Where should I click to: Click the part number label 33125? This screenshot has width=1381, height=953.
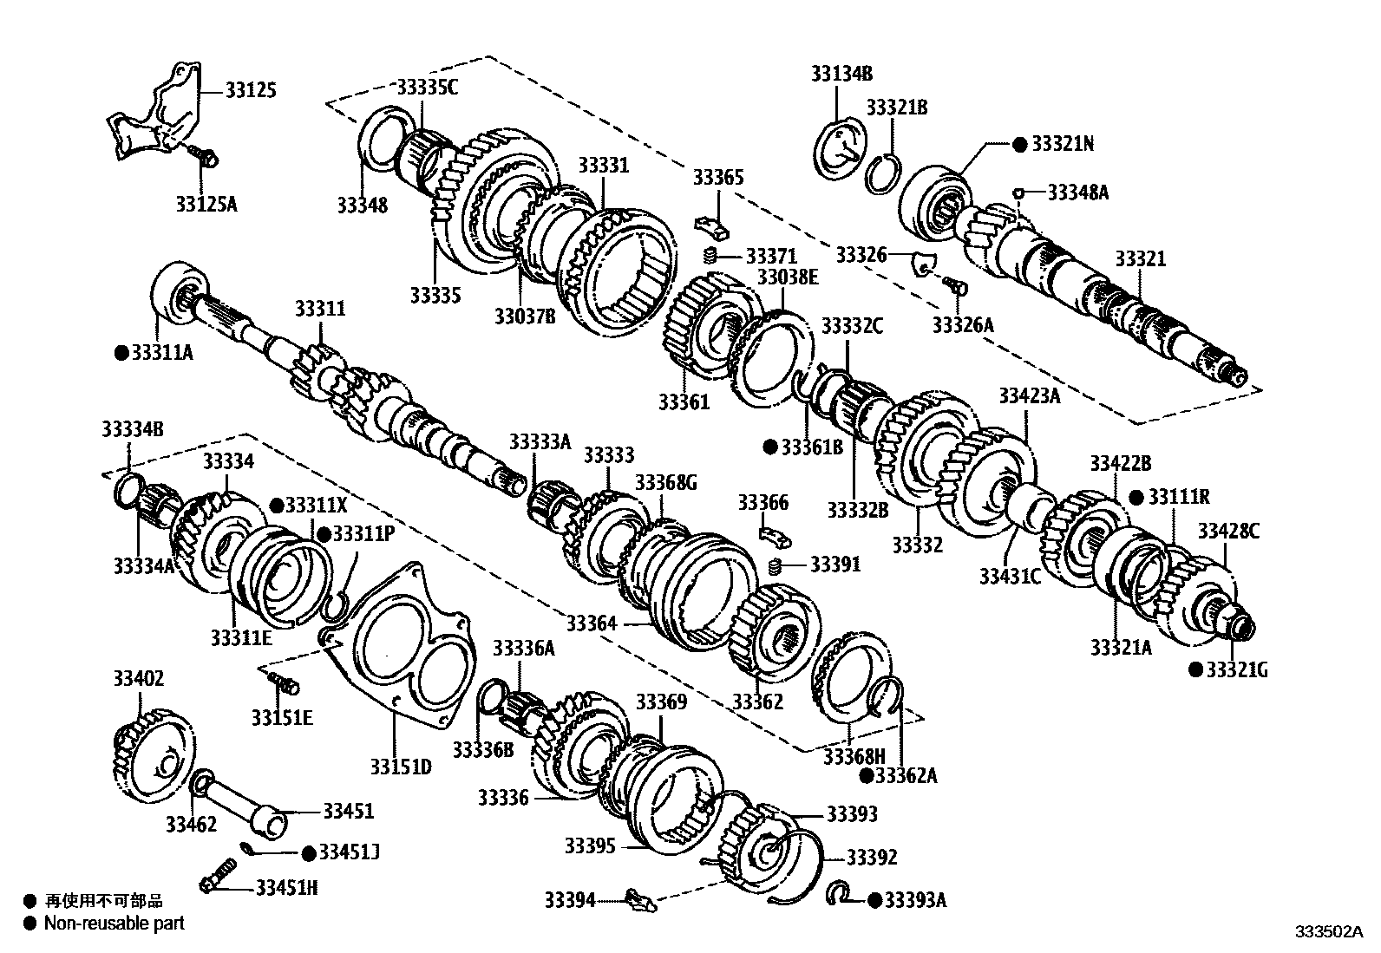(x=251, y=90)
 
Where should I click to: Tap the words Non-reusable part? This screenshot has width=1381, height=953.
(x=115, y=924)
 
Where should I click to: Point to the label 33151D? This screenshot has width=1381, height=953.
(x=401, y=767)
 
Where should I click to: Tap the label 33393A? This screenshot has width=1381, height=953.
(x=915, y=900)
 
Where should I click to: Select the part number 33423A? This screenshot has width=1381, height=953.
(x=1030, y=395)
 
